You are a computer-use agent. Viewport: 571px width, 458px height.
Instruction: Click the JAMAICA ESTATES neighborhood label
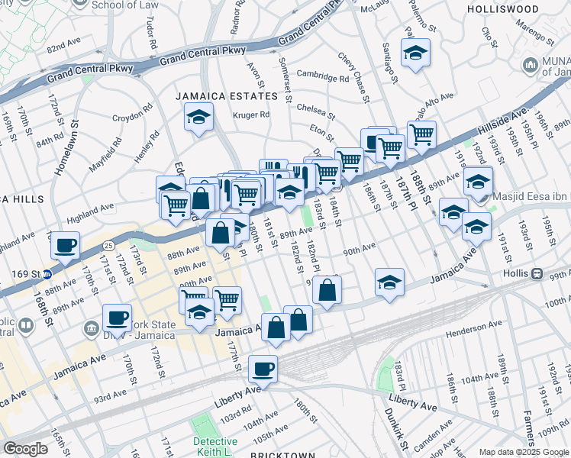click(x=227, y=96)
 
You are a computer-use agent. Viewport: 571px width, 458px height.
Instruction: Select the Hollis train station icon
click(x=537, y=273)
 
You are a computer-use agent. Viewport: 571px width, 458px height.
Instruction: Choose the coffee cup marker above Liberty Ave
click(x=264, y=369)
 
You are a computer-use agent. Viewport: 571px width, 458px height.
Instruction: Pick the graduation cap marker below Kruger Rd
click(x=198, y=118)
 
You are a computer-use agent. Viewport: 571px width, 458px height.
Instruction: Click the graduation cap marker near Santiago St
click(x=416, y=53)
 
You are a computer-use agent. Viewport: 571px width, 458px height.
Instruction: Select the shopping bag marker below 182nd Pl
click(x=327, y=290)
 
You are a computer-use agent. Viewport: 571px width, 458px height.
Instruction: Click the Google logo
click(x=26, y=449)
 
